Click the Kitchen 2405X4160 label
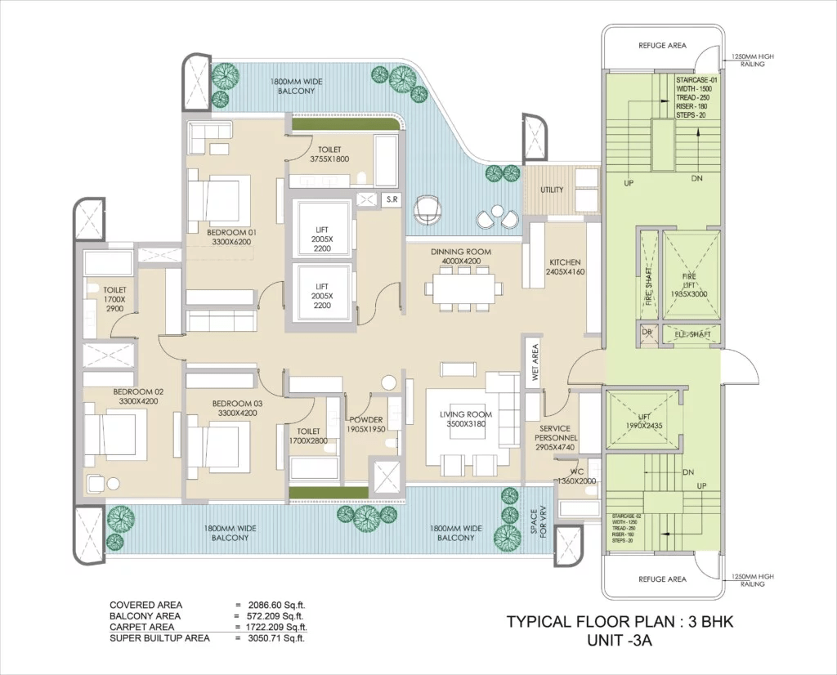tap(566, 266)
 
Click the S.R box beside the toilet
tap(391, 199)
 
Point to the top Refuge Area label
tap(662, 46)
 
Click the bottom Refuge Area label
tap(662, 579)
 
